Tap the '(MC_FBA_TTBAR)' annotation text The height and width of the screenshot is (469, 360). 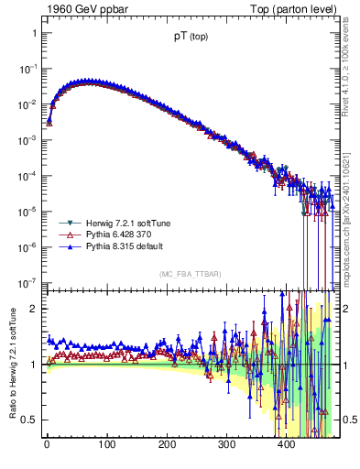click(x=189, y=274)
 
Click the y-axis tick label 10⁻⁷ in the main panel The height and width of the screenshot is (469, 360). click(x=28, y=282)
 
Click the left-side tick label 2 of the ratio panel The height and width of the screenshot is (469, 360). click(x=34, y=309)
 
